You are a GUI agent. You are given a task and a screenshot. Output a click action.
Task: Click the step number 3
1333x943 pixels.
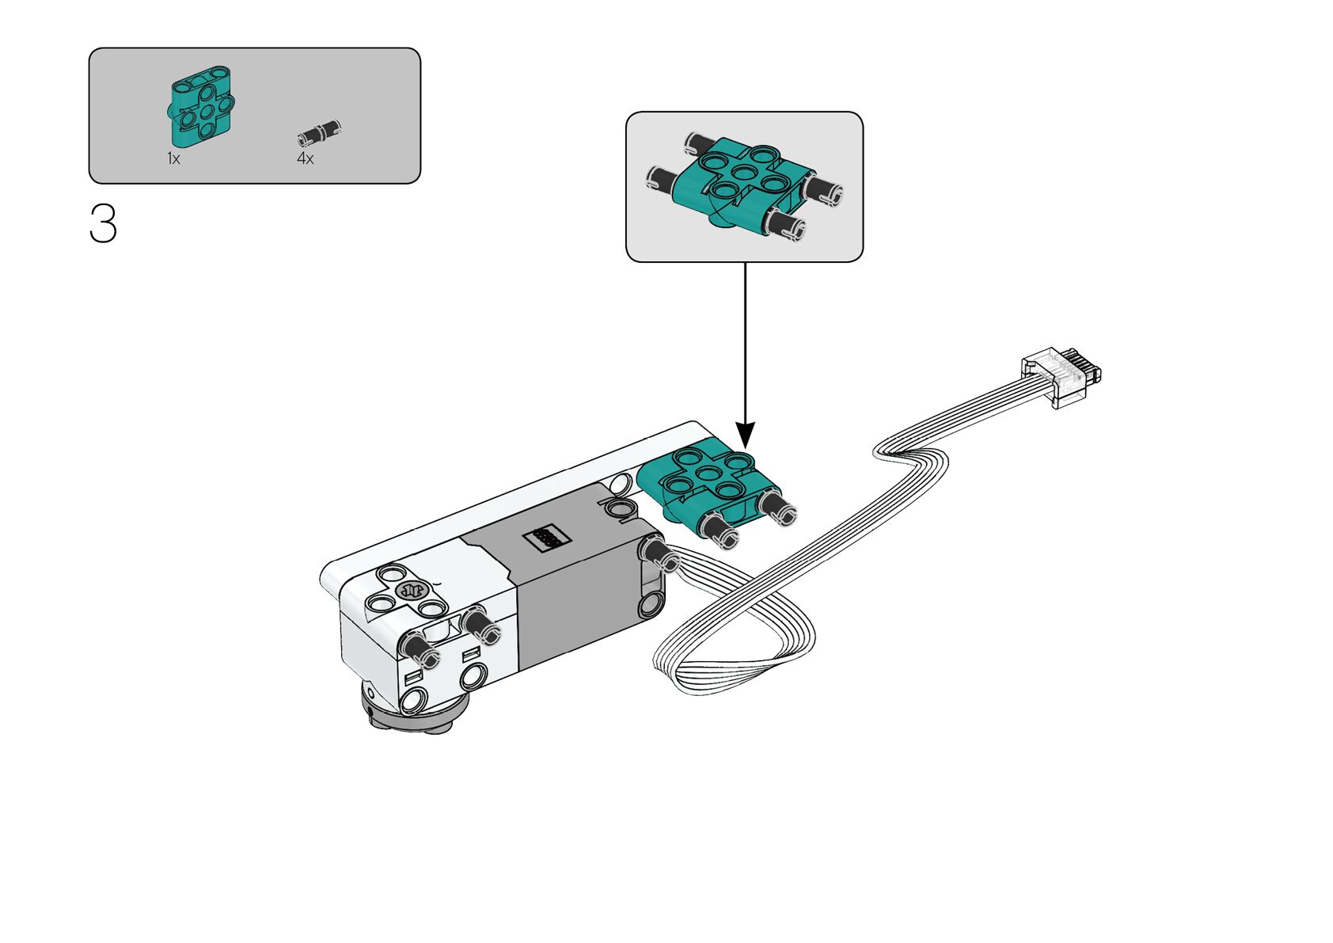click(103, 224)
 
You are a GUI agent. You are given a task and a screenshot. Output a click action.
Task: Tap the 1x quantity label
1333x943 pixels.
click(173, 159)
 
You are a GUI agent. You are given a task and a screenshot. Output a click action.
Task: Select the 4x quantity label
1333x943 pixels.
click(306, 159)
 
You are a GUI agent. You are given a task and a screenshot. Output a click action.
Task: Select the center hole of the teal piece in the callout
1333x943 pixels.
click(742, 173)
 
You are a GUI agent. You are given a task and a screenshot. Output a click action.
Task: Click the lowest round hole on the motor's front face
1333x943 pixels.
click(414, 700)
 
